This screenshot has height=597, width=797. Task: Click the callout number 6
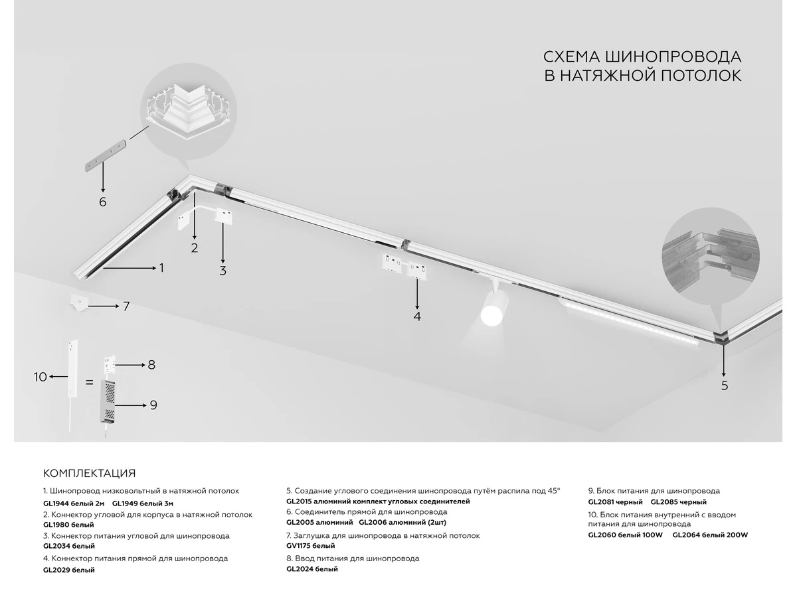(x=103, y=202)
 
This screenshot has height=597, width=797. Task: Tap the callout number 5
(x=725, y=385)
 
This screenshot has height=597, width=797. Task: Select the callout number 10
(x=41, y=377)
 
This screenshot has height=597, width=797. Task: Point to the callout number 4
(x=417, y=316)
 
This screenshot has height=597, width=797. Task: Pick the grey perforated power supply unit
(x=108, y=401)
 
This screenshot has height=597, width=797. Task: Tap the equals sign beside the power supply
(x=89, y=383)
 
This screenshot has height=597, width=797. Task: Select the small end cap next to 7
(x=79, y=303)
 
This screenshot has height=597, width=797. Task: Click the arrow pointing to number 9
(x=131, y=405)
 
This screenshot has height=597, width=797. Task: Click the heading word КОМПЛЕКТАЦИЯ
(x=89, y=473)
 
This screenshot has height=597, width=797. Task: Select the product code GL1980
(x=56, y=525)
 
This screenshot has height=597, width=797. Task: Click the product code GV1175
(x=298, y=546)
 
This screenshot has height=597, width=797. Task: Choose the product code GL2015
(x=299, y=501)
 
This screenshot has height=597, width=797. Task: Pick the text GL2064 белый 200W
(x=710, y=535)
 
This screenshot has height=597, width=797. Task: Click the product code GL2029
(x=56, y=570)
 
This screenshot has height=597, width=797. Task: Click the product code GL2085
(x=664, y=502)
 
